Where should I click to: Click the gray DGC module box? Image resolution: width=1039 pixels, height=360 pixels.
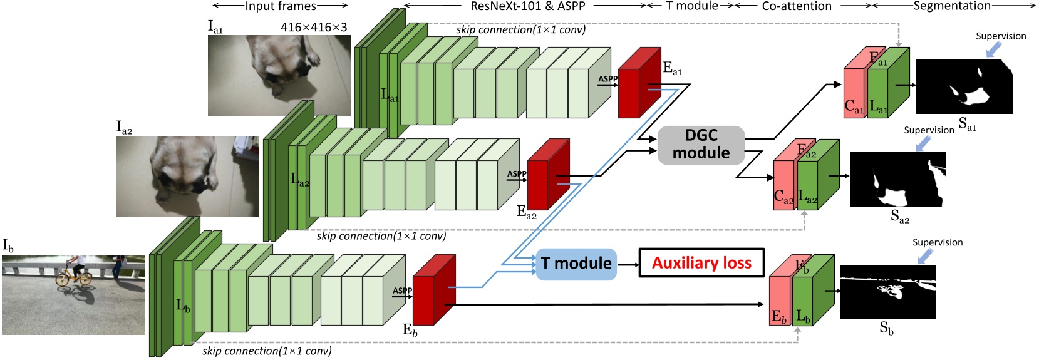tap(701, 145)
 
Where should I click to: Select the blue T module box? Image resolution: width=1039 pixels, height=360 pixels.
tap(576, 264)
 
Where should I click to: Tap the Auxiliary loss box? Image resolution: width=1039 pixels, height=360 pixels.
tap(701, 263)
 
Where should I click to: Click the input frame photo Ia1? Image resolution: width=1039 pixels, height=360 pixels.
tap(279, 75)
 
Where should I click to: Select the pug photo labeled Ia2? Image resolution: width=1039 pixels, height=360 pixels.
tap(187, 177)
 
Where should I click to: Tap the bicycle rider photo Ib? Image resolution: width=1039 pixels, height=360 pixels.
tap(73, 294)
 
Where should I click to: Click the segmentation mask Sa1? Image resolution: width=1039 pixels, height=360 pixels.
tap(964, 86)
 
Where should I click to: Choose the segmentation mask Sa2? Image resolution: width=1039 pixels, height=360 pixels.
tap(897, 178)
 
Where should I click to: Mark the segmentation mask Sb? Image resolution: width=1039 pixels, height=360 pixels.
tap(887, 291)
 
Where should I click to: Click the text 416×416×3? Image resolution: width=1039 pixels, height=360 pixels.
tap(314, 27)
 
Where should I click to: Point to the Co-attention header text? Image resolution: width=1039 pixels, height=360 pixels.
tap(797, 6)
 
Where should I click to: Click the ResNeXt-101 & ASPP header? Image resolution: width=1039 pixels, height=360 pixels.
tap(527, 6)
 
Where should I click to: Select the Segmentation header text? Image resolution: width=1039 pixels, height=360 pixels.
tap(952, 6)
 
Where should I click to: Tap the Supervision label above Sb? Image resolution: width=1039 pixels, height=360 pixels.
tap(937, 242)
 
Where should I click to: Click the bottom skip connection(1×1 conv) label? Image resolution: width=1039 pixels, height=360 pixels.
tap(267, 351)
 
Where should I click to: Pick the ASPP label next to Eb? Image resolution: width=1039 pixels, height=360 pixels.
tap(402, 291)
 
